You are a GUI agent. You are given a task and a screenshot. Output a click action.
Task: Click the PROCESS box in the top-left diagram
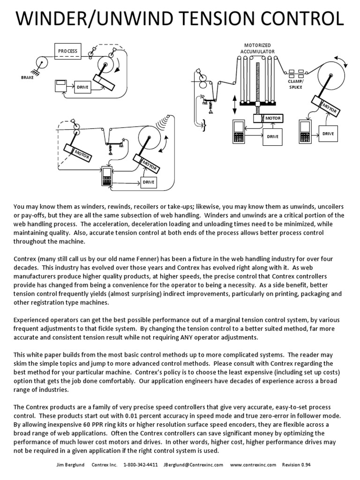pos(67,51)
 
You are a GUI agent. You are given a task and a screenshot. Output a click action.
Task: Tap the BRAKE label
pos(27,77)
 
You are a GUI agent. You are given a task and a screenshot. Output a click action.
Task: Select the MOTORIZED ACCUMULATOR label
pos(257,48)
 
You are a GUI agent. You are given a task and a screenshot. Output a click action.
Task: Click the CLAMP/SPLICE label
pos(295,83)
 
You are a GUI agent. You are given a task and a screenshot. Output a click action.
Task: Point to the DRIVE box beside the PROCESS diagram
pos(82,87)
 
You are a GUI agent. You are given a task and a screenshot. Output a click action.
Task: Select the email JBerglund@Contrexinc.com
pos(193,465)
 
